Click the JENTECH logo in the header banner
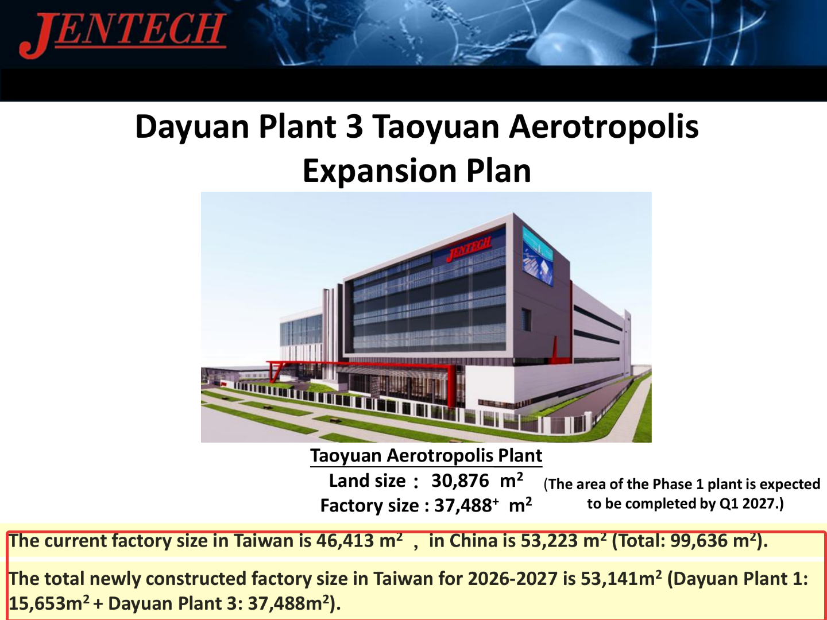tap(122, 34)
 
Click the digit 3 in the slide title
tap(354, 126)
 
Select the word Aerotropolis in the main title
tap(604, 127)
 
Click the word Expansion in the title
tap(380, 171)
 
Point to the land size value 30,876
tap(459, 480)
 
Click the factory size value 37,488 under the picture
tap(463, 506)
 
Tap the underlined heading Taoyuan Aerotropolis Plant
tap(426, 456)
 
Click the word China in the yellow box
tap(473, 541)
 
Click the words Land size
tap(368, 480)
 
